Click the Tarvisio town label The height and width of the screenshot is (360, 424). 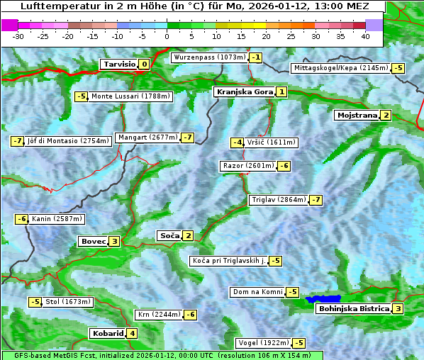pyautogui.click(x=118, y=64)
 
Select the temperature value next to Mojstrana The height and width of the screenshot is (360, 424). pyautogui.click(x=386, y=116)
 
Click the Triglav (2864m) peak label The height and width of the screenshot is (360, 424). pyautogui.click(x=278, y=200)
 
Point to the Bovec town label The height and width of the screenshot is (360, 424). pyautogui.click(x=93, y=242)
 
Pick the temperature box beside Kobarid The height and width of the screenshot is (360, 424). pyautogui.click(x=132, y=334)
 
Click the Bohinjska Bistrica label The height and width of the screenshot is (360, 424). pyautogui.click(x=353, y=309)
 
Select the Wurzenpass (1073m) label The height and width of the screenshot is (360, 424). pyautogui.click(x=210, y=57)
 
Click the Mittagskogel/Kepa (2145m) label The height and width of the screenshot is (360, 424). pyautogui.click(x=340, y=68)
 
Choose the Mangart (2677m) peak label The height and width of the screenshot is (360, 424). pyautogui.click(x=147, y=137)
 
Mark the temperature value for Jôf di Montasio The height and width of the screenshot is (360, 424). pyautogui.click(x=17, y=141)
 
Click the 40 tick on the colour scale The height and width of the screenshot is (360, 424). pyautogui.click(x=365, y=36)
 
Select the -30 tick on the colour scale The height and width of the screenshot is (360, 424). pyautogui.click(x=18, y=36)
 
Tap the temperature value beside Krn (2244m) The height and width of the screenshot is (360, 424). pyautogui.click(x=191, y=315)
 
